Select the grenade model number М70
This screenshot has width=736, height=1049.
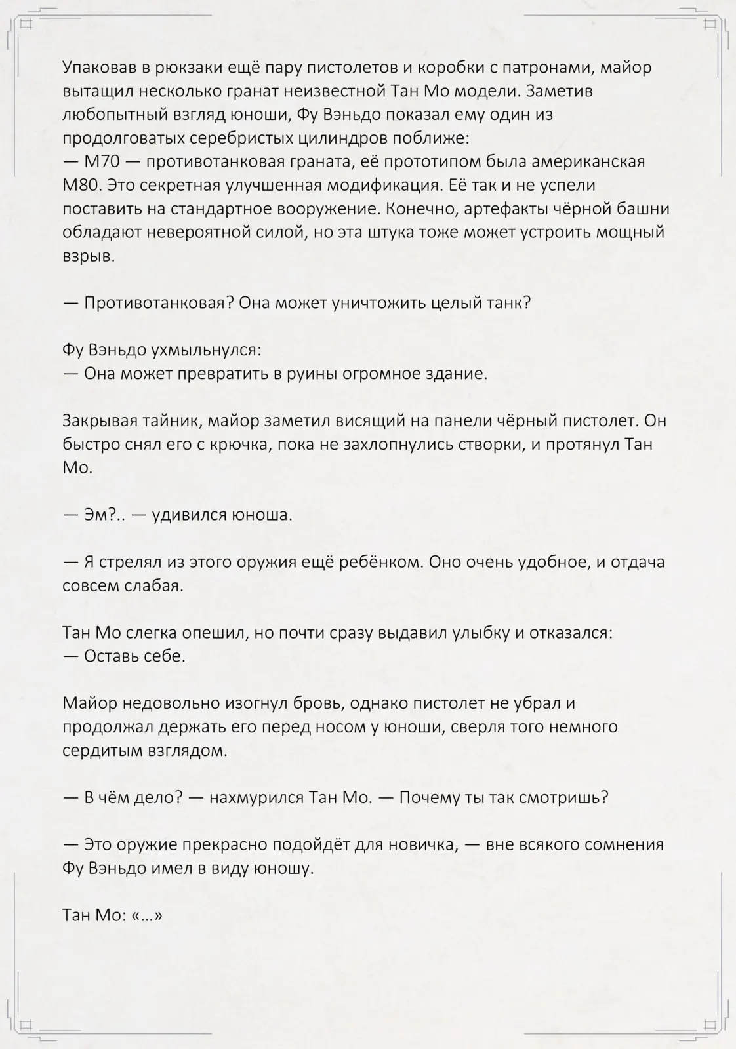[102, 162]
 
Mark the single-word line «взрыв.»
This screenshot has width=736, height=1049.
[89, 256]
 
